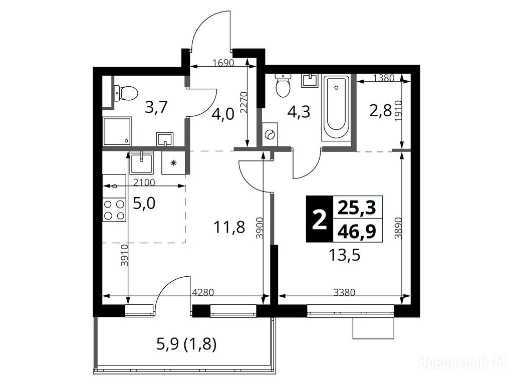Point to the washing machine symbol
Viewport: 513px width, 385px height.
click(x=270, y=134)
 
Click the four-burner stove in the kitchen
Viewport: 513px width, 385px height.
click(x=114, y=210)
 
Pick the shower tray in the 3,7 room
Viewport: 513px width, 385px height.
click(x=117, y=131)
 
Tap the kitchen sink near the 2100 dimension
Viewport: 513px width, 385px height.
click(x=141, y=163)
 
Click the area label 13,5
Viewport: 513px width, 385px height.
click(x=345, y=255)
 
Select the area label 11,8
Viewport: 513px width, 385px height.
click(x=229, y=227)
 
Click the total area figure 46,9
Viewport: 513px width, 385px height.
click(x=357, y=231)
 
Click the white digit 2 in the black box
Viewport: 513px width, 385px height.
click(x=319, y=220)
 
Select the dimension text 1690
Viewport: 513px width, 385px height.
click(x=223, y=63)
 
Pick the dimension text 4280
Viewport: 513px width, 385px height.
click(x=202, y=292)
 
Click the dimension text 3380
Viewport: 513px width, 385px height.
click(x=344, y=292)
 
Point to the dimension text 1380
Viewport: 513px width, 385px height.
click(x=384, y=78)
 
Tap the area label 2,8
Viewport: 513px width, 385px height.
click(x=381, y=112)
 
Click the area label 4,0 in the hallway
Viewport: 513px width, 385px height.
click(x=223, y=115)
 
